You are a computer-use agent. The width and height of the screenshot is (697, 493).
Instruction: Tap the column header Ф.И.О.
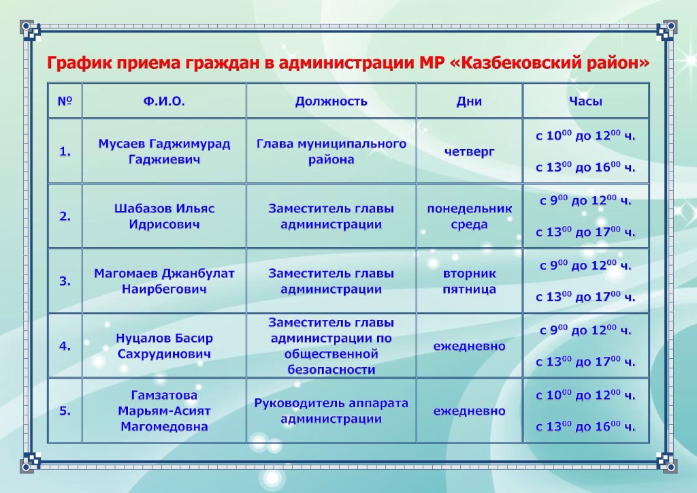(x=164, y=101)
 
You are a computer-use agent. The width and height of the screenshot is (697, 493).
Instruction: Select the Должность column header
(x=331, y=102)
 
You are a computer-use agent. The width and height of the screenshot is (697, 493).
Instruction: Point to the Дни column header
(x=470, y=102)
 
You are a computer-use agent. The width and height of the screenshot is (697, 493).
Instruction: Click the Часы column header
(x=585, y=101)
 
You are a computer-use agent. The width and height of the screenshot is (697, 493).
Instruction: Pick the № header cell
(x=65, y=101)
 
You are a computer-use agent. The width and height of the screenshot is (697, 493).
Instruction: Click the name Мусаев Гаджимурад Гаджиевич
(x=164, y=152)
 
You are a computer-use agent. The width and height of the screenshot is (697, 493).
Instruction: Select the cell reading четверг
(x=470, y=152)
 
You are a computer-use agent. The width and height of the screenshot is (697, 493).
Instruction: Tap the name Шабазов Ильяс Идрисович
(x=164, y=217)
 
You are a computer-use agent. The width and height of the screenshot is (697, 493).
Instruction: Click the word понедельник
(x=470, y=208)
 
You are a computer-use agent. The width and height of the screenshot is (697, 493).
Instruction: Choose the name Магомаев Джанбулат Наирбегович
(x=164, y=281)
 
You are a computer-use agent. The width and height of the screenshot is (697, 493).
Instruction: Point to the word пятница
(x=470, y=289)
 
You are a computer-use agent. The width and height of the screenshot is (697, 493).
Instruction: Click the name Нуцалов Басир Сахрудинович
(x=164, y=347)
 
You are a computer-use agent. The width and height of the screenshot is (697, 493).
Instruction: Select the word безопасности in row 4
(x=331, y=370)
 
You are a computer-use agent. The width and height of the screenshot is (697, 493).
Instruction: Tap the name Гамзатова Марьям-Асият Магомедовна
(x=164, y=411)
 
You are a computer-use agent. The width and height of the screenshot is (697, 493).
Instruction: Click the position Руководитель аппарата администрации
(x=331, y=411)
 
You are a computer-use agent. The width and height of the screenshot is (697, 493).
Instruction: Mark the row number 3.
(x=65, y=281)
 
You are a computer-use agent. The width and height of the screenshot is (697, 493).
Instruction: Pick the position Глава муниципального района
(x=331, y=152)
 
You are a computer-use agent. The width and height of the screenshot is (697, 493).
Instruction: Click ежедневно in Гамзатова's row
(x=470, y=411)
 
